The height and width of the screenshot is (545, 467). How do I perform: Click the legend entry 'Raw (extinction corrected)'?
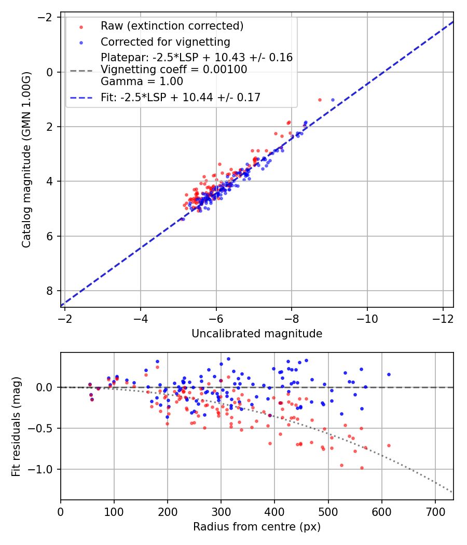[x=172, y=26]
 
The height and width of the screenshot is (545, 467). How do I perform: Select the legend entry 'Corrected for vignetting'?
[x=165, y=42]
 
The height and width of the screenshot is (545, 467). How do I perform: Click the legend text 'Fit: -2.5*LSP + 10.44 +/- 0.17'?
[x=181, y=97]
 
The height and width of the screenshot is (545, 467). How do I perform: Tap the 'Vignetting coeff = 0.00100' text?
[x=174, y=70]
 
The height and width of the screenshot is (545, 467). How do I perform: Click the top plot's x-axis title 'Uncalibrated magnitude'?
[x=257, y=334]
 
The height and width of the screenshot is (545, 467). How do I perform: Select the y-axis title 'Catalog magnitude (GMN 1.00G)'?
[x=27, y=160]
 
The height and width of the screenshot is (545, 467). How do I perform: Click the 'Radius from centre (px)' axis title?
[x=257, y=527]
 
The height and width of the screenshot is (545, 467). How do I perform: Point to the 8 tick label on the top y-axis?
[x=50, y=291]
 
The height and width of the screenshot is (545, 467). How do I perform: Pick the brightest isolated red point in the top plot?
[x=320, y=100]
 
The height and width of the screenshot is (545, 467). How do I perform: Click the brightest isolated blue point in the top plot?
[x=333, y=100]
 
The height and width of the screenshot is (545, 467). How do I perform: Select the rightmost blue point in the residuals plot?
[x=388, y=374]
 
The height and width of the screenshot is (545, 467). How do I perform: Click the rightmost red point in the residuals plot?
[x=388, y=445]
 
